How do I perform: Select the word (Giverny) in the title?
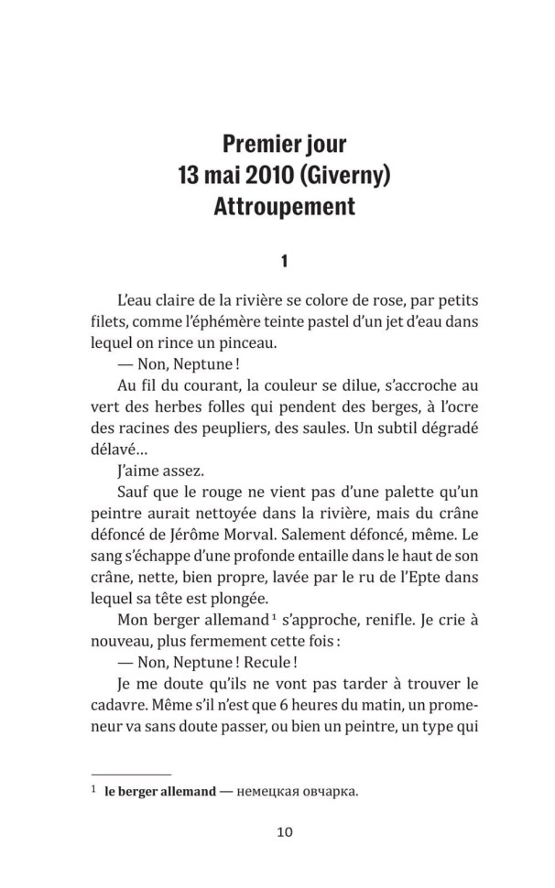[339, 174]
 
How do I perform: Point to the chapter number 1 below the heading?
[284, 261]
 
